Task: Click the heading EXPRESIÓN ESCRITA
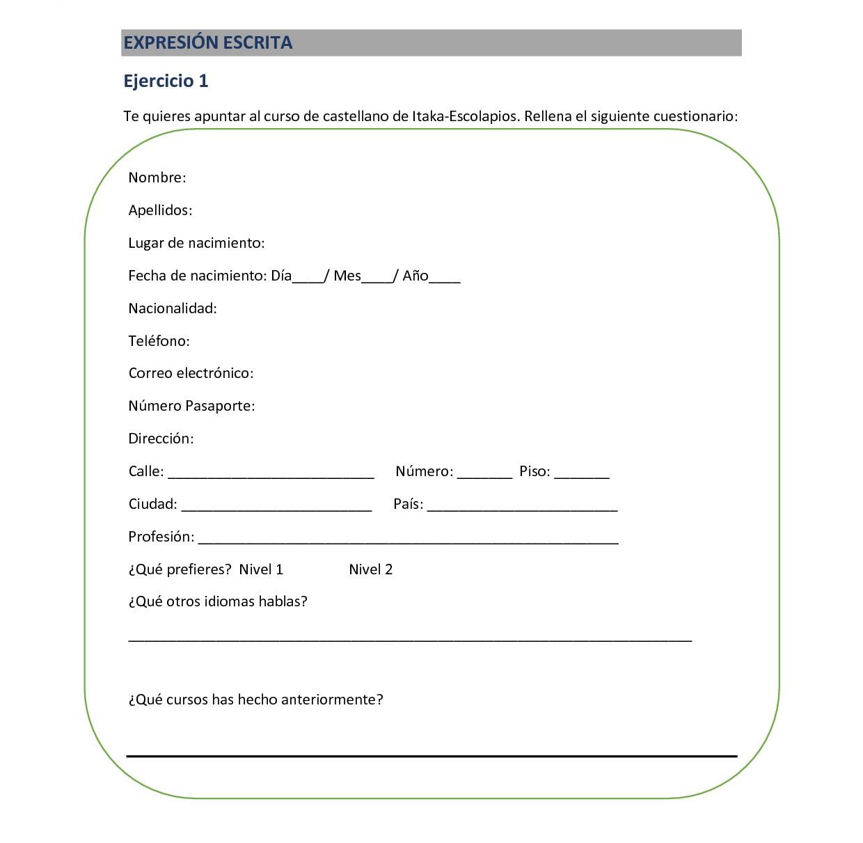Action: [x=207, y=42]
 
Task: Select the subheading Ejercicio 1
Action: [x=166, y=81]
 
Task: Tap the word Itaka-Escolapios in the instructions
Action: [x=465, y=116]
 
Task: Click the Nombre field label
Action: [x=157, y=178]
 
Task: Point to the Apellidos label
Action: [x=160, y=210]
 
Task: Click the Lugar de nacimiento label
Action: [x=196, y=243]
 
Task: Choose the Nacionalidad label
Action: [x=173, y=308]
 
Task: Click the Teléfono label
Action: [x=159, y=341]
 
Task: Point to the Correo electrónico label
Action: [x=191, y=373]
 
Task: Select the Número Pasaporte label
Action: [x=191, y=406]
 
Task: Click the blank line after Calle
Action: [x=271, y=475]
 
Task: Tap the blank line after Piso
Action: [x=582, y=475]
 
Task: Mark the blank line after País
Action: [x=523, y=508]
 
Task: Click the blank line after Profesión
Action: [x=409, y=541]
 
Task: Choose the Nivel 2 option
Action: [x=370, y=569]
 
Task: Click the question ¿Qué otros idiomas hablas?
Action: [x=218, y=601]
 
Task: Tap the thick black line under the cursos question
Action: [x=431, y=755]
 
